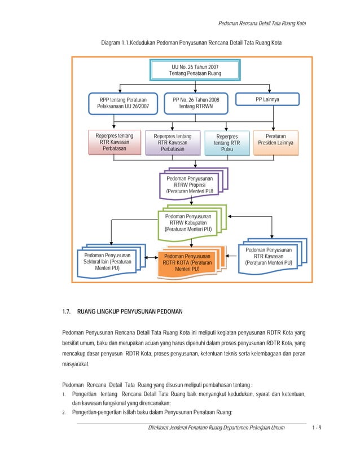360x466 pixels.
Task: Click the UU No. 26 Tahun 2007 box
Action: point(195,70)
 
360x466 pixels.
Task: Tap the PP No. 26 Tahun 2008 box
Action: point(196,103)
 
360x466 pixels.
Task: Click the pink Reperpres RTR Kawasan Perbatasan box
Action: point(115,142)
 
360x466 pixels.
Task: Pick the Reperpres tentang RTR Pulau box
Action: point(227,143)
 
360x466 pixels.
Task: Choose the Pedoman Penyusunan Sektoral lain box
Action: point(107,262)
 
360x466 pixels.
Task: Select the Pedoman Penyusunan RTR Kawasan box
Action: point(268,257)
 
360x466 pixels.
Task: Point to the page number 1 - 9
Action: point(317,429)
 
